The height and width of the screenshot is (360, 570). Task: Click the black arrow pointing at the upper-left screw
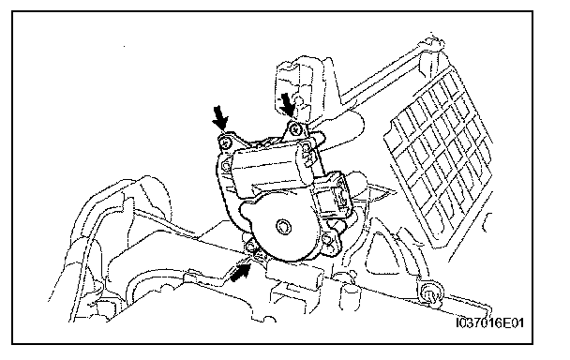(x=220, y=118)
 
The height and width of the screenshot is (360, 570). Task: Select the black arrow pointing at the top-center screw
(x=288, y=105)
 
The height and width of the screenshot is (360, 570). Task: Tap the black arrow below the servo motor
(x=240, y=272)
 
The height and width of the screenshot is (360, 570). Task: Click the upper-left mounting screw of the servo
(x=227, y=142)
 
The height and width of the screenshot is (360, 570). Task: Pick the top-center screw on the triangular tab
(x=294, y=129)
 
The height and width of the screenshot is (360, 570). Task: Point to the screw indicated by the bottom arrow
(x=251, y=247)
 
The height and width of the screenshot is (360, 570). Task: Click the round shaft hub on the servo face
(x=283, y=227)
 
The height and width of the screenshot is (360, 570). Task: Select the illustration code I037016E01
(x=490, y=322)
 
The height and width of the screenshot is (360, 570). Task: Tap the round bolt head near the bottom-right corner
(x=430, y=291)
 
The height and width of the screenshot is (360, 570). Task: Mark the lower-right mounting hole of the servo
(x=328, y=240)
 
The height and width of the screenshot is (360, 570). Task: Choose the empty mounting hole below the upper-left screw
(x=225, y=167)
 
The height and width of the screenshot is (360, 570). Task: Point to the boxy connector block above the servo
(x=296, y=87)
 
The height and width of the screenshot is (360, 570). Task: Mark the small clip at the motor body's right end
(x=307, y=157)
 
